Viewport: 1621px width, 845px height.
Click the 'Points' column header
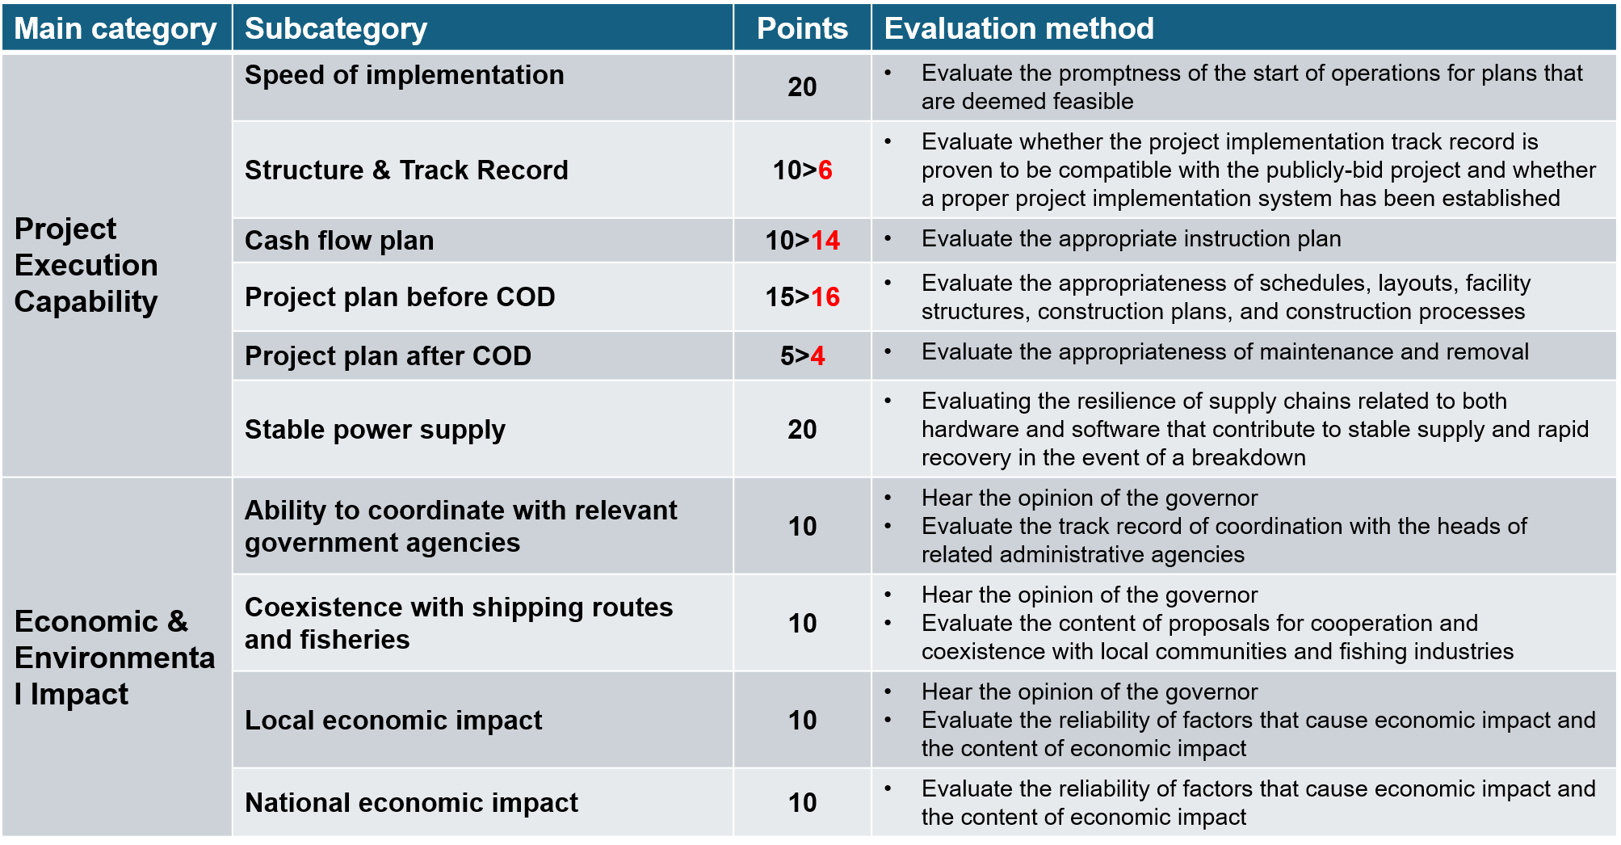802,28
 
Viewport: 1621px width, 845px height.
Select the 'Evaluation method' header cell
1018,28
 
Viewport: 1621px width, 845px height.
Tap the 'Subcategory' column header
335,28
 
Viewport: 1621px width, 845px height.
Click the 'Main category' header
115,28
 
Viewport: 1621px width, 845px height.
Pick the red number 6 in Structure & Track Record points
825,170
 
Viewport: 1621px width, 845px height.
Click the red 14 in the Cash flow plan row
825,241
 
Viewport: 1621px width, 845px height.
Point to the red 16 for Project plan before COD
825,297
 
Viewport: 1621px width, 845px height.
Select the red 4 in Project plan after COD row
818,356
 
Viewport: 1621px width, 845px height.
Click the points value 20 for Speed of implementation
802,87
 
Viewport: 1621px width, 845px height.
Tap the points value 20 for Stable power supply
802,430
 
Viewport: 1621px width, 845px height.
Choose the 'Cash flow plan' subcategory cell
339,241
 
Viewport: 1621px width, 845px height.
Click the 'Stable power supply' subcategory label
375,430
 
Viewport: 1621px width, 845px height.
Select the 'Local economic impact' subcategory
393,721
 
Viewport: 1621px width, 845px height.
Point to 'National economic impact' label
411,803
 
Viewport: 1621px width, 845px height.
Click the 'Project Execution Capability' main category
86,265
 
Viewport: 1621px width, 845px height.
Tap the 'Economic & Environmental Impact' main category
115,658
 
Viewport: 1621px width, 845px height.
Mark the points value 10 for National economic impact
802,803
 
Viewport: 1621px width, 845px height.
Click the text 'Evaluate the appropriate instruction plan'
1131,239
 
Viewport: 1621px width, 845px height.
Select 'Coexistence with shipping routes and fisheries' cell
458,623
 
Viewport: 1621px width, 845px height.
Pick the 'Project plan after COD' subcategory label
388,356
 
